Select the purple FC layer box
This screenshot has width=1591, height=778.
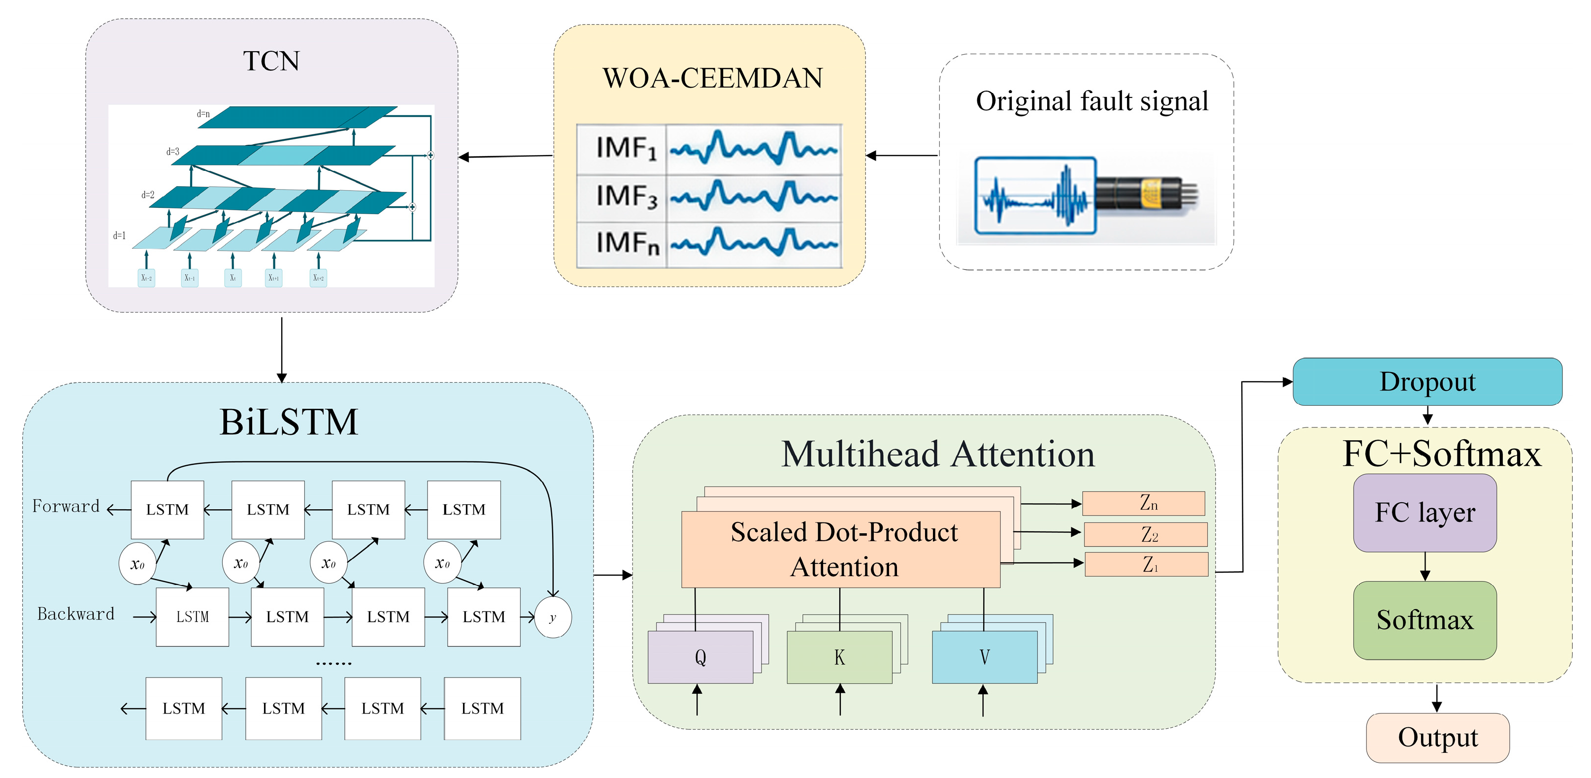coord(1424,513)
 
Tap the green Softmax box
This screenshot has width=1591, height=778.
coord(1424,620)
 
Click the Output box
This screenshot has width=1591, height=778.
coord(1437,737)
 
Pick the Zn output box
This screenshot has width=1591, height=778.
coord(1143,503)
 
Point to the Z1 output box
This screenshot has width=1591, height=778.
coord(1146,564)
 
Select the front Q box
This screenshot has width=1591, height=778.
coord(700,657)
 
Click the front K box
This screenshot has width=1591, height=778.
coord(839,657)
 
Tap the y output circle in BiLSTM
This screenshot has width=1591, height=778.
coord(552,617)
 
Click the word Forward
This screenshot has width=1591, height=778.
coord(66,506)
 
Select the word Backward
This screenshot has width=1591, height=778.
coord(75,614)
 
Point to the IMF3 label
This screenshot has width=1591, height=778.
coord(625,197)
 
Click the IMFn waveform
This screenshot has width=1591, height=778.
coord(754,243)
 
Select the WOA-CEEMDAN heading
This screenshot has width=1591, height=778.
coord(712,78)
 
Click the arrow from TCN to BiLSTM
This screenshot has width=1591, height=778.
coord(282,349)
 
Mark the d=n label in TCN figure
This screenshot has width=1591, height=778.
coord(203,114)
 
